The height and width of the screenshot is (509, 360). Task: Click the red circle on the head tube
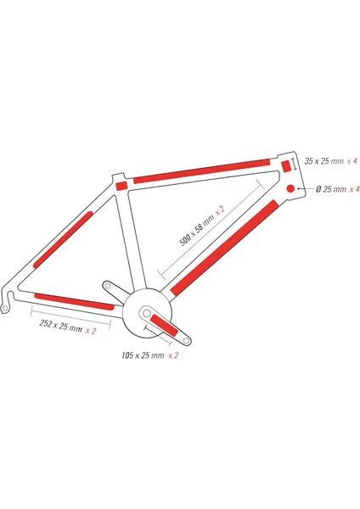coord(290,188)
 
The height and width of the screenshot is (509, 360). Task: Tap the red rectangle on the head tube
coord(286,166)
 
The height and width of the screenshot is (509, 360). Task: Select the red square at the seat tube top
coord(121,186)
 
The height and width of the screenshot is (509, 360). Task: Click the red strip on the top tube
coord(202,171)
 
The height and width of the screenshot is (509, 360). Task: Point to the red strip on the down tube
coord(224,248)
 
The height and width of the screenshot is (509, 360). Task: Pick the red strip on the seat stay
coord(63,239)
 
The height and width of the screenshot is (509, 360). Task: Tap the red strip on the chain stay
coord(75,301)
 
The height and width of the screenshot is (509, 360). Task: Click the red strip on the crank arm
coord(164,326)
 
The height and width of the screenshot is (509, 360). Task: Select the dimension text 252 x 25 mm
coord(61,325)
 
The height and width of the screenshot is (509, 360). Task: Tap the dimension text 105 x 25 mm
coord(143,355)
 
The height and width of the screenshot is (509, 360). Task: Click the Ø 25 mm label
coord(331,189)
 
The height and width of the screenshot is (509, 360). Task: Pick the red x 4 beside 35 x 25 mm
coord(352,161)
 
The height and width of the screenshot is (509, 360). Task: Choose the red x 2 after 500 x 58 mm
coord(220,210)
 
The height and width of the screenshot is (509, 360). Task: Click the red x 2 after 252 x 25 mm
coord(91,331)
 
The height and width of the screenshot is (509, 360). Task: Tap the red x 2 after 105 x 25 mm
coord(173,355)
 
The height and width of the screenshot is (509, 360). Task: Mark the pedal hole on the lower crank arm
coord(186,341)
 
